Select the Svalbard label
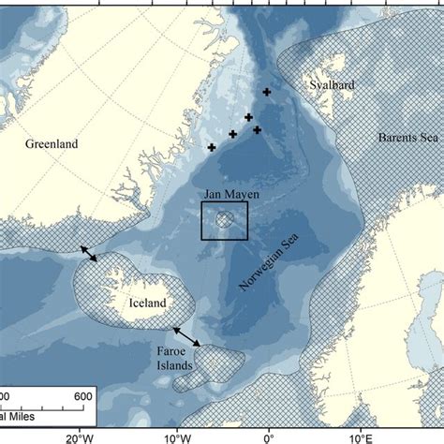pos(329,85)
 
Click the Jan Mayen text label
pos(225,199)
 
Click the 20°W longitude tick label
pos(80,435)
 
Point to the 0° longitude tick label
pos(269,435)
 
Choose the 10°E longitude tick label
pos(359,435)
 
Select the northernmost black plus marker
pos(267,92)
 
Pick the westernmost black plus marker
pos(212,148)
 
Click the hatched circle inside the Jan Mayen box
pos(225,220)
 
